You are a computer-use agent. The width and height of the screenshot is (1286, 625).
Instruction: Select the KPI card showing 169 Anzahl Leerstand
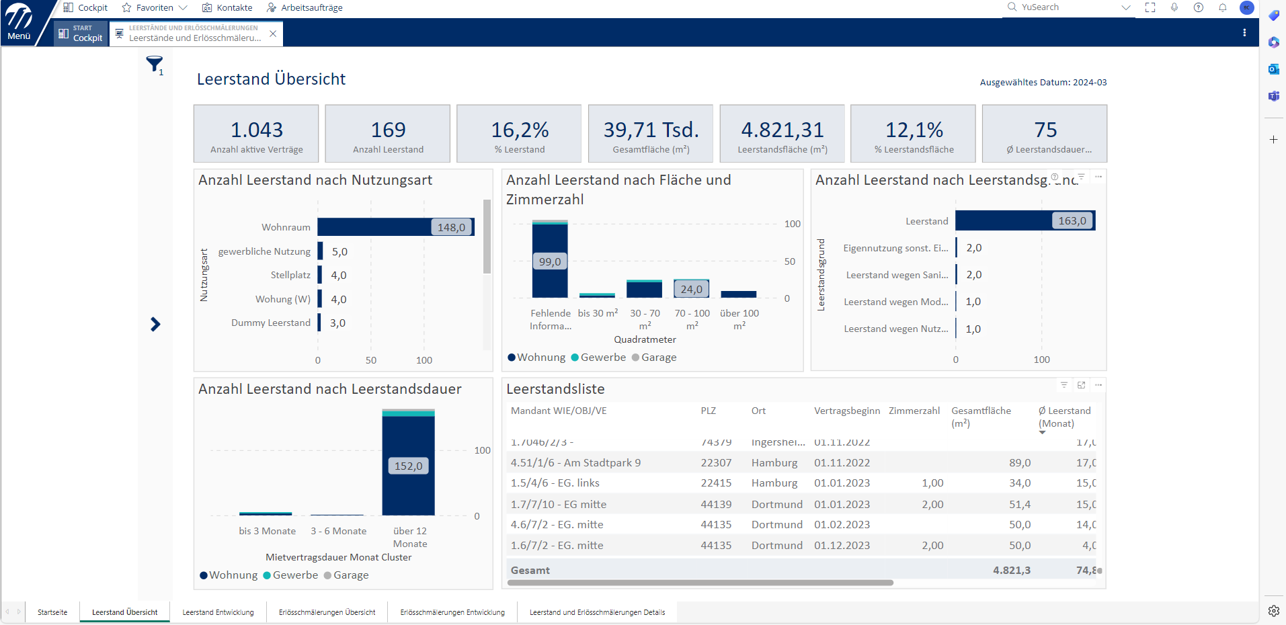click(388, 134)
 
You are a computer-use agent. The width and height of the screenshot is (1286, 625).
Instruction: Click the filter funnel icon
click(154, 64)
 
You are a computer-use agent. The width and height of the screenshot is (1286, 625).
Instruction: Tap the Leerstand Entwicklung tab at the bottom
click(218, 612)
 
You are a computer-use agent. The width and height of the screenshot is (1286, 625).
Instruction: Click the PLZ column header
click(708, 411)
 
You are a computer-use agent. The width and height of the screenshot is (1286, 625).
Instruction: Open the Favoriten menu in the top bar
click(155, 7)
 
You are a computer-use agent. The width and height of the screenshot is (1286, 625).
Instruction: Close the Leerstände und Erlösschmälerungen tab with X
click(272, 34)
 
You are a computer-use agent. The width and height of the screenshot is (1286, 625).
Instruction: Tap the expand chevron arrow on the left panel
click(155, 325)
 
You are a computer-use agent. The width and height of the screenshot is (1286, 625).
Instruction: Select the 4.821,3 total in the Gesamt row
click(1011, 570)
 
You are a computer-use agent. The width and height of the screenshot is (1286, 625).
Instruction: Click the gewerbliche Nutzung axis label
click(264, 251)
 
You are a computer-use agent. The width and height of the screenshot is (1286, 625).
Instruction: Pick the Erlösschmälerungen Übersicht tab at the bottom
click(327, 612)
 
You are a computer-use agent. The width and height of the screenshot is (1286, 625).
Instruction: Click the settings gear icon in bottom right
click(1273, 611)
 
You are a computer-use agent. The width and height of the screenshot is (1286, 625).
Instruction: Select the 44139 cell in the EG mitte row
click(715, 504)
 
